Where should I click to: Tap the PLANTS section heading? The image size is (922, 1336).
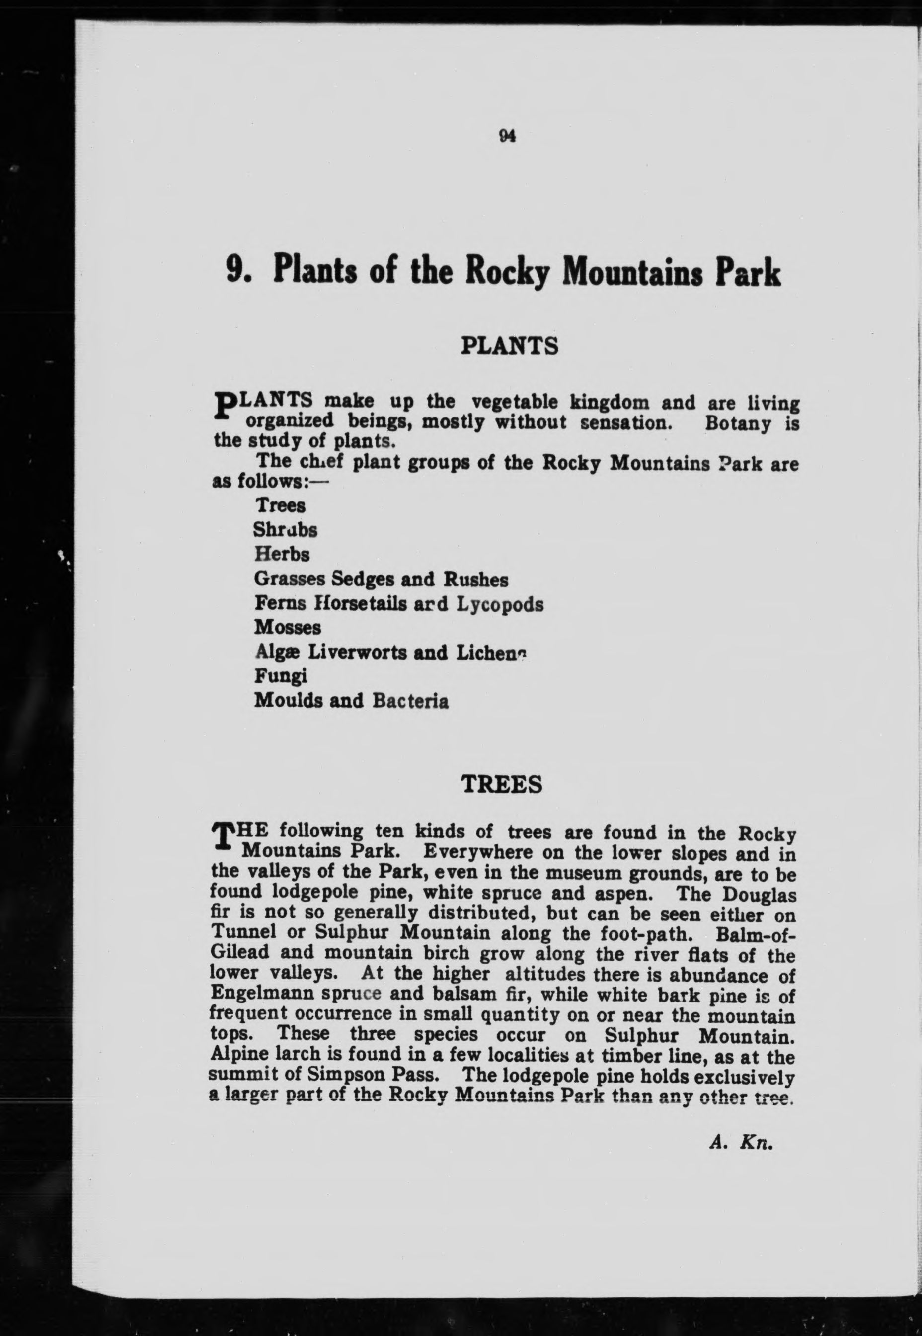tap(509, 346)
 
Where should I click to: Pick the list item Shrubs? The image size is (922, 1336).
tap(285, 530)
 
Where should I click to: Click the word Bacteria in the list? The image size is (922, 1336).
tap(410, 701)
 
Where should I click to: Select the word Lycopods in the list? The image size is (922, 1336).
tap(500, 604)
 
